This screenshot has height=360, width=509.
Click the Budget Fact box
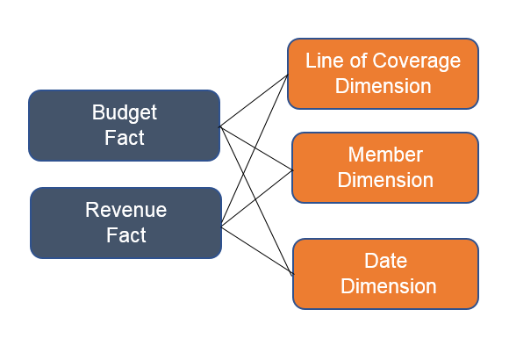coord(125,126)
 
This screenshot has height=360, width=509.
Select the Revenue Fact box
coord(126,223)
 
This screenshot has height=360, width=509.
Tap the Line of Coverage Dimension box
coord(383,74)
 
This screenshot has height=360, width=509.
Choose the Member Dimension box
coord(385,168)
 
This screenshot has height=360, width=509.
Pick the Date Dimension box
coord(385,274)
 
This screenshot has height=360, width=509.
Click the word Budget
coord(125,112)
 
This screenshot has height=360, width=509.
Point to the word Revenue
coord(126,210)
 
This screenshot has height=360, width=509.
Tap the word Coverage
coord(417,61)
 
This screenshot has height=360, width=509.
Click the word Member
coord(385,155)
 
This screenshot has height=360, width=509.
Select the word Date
coord(385,261)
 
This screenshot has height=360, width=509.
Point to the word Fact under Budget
coord(125,138)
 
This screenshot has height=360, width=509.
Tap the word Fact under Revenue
coord(126,235)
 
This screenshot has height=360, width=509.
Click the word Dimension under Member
coord(385,180)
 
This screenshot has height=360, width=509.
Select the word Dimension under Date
coord(388,286)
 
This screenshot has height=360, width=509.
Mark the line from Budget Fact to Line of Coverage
coord(254,101)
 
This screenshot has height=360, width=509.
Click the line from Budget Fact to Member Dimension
coord(256,148)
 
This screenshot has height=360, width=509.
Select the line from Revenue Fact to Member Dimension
coord(257,198)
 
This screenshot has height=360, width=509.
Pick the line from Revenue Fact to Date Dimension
coord(257,250)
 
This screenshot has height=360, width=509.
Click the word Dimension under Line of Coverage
coord(383,86)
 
